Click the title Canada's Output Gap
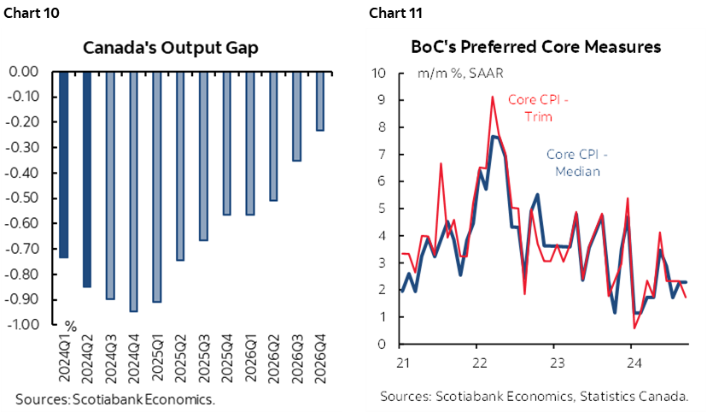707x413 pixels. coord(170,47)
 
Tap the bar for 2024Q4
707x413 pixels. coord(133,192)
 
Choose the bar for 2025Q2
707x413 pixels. coord(180,166)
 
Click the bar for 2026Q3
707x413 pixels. coord(296,116)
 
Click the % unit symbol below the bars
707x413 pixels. coord(71,326)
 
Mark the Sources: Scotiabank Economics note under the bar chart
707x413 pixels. coord(114,398)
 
